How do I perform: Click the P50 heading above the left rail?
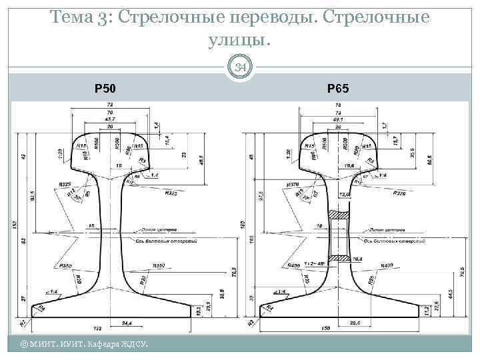[x=105, y=88]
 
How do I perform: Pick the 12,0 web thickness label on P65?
[x=344, y=193]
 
